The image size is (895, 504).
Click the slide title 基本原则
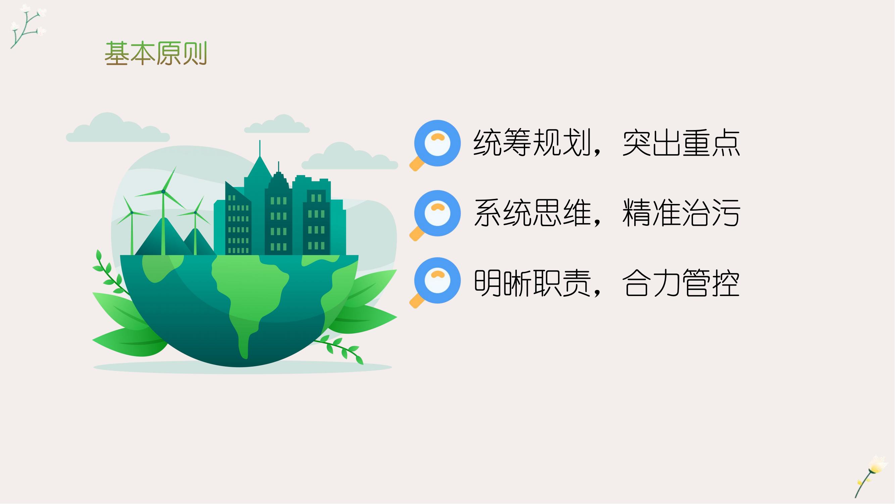point(156,53)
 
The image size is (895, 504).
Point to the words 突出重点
point(681,143)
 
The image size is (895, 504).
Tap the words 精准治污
point(681,213)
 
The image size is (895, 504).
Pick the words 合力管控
point(681,283)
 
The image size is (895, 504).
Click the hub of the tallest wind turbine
point(163,191)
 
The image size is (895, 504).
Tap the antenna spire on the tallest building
point(259,148)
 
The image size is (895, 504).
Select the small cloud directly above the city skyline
point(277,124)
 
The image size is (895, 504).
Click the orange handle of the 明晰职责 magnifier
point(417,301)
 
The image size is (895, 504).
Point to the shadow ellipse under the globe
point(243,367)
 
